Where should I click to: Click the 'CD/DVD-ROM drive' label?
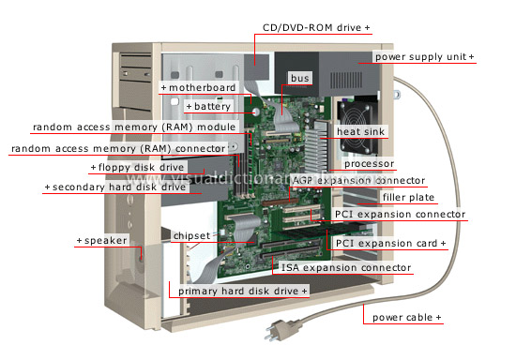click(x=316, y=28)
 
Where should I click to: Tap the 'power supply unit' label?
click(x=424, y=57)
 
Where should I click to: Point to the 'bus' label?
click(x=299, y=78)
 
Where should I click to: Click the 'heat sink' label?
click(x=415, y=131)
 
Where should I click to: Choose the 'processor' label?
click(x=369, y=164)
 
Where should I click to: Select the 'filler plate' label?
click(x=406, y=198)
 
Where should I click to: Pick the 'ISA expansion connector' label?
click(x=346, y=268)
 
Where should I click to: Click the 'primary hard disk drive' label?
click(x=243, y=292)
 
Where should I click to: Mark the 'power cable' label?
click(x=406, y=318)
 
